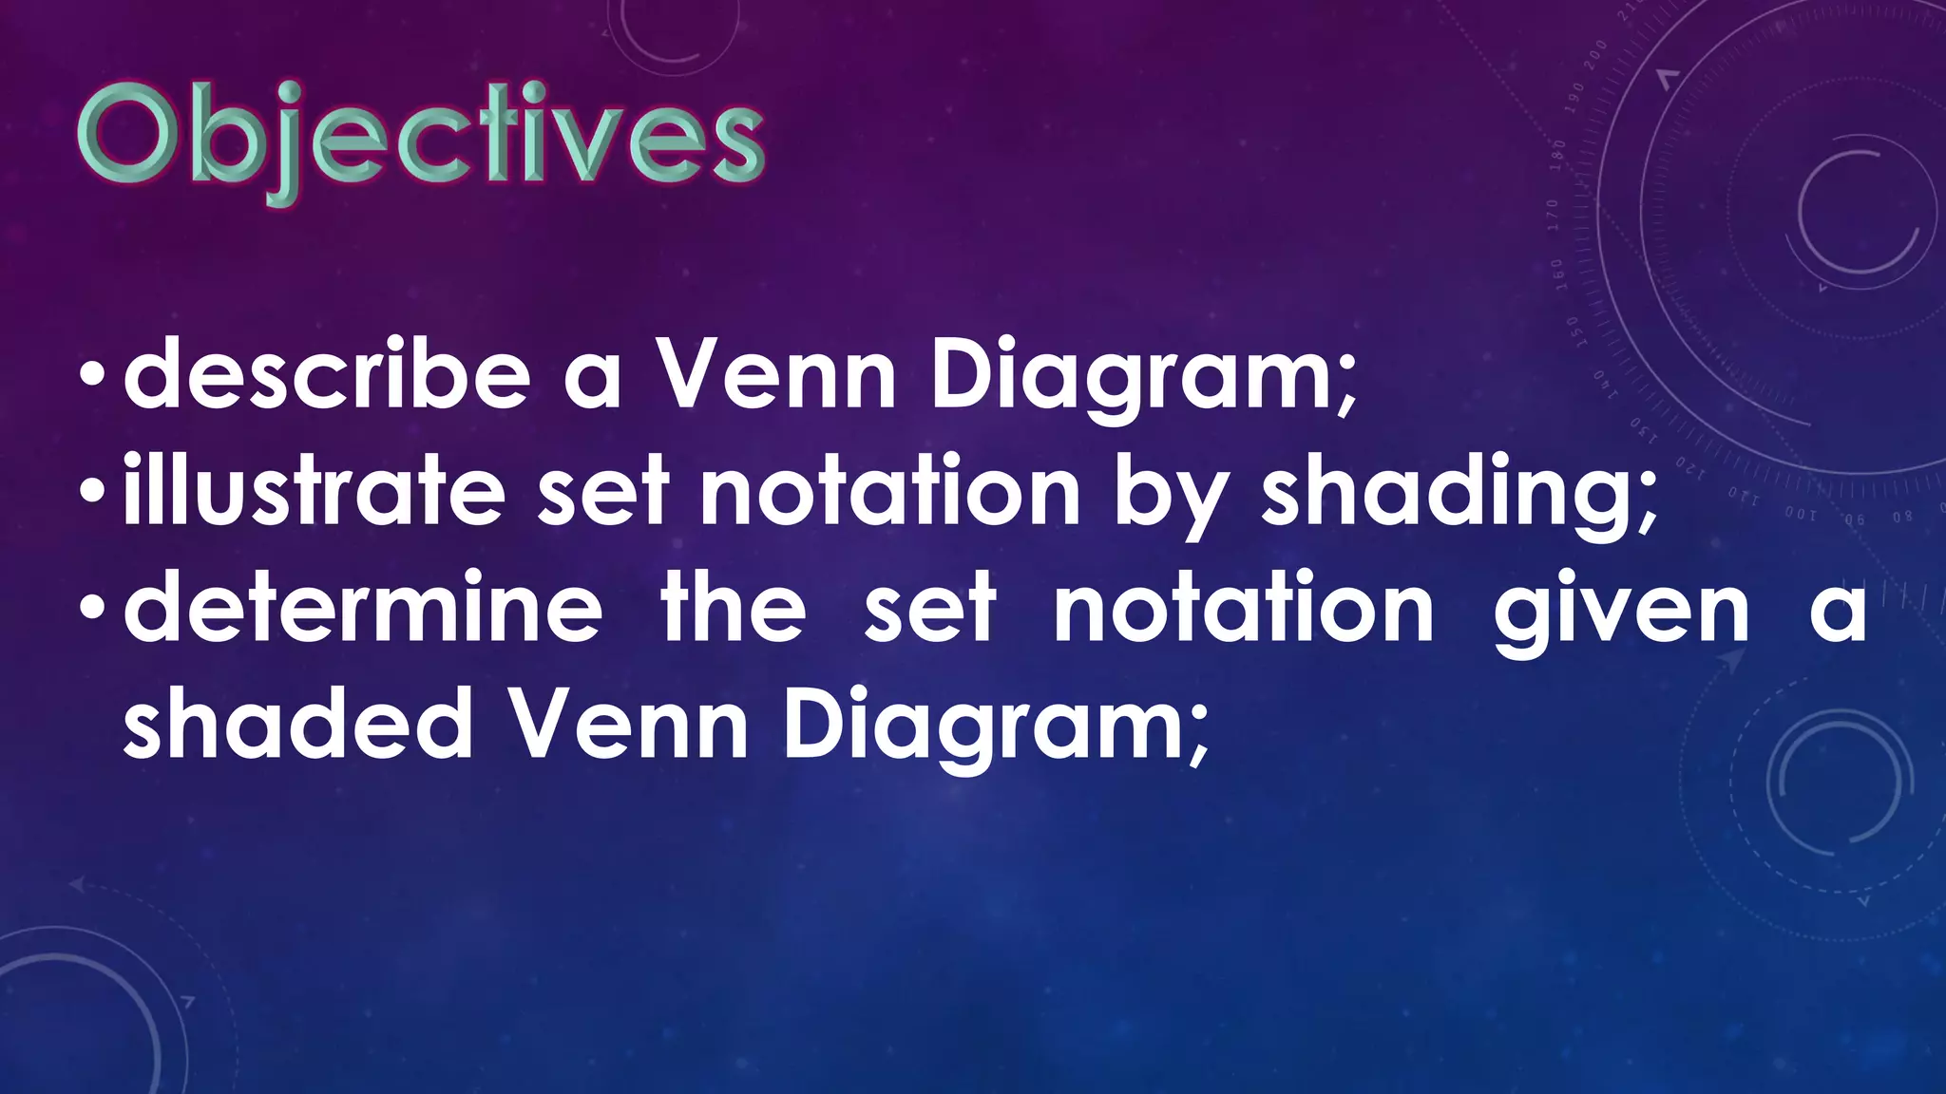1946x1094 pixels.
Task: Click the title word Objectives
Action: [420, 141]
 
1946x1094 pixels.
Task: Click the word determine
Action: [363, 609]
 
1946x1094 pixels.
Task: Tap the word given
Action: [1621, 613]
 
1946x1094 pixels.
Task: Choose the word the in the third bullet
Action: [733, 609]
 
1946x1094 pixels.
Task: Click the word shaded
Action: [297, 725]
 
